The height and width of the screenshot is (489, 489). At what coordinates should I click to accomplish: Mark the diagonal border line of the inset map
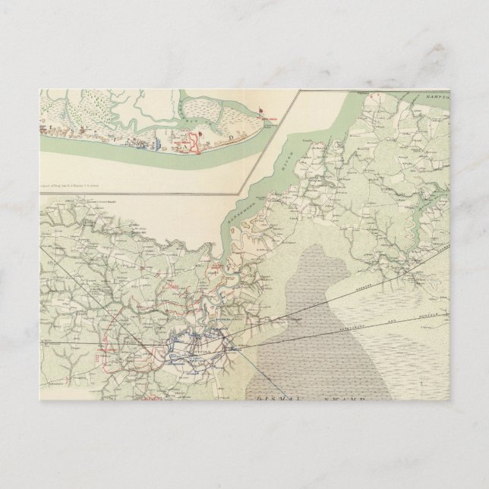tap(273, 144)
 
